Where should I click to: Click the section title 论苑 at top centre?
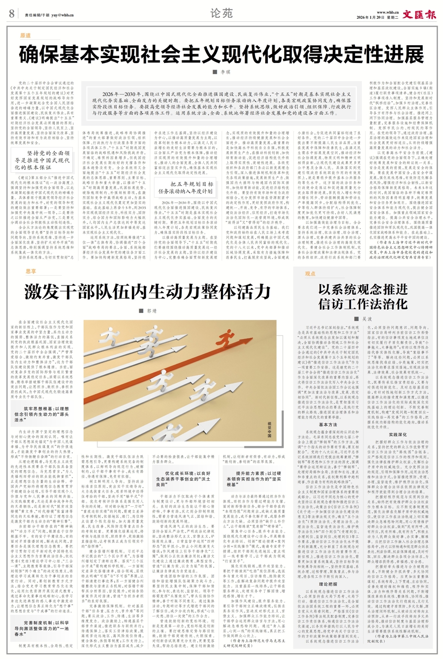click(221, 13)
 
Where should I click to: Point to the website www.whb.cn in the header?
click(387, 11)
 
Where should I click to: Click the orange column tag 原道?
click(26, 36)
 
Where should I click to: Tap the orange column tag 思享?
click(31, 271)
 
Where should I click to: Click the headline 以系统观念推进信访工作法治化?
click(363, 296)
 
